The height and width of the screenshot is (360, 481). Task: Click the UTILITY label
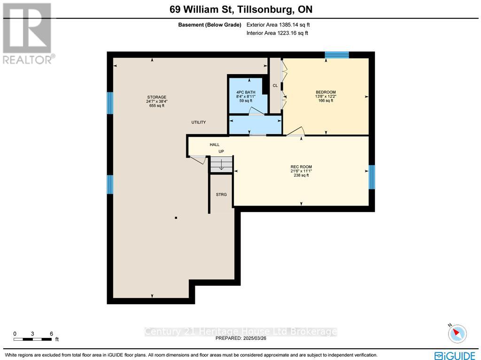pyautogui.click(x=198, y=123)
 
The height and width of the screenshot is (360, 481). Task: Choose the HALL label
pyautogui.click(x=215, y=145)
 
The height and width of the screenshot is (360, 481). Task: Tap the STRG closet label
pyautogui.click(x=221, y=194)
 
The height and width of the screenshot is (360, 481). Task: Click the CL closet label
pyautogui.click(x=275, y=85)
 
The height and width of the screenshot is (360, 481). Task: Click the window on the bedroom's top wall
pyautogui.click(x=337, y=55)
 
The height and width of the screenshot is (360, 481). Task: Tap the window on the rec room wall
pyautogui.click(x=372, y=176)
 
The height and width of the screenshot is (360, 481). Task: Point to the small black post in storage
pyautogui.click(x=176, y=218)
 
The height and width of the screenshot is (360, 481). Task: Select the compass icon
pyautogui.click(x=457, y=333)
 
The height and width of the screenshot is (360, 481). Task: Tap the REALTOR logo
pyautogui.click(x=28, y=33)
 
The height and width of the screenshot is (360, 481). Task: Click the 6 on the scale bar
pyautogui.click(x=51, y=334)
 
